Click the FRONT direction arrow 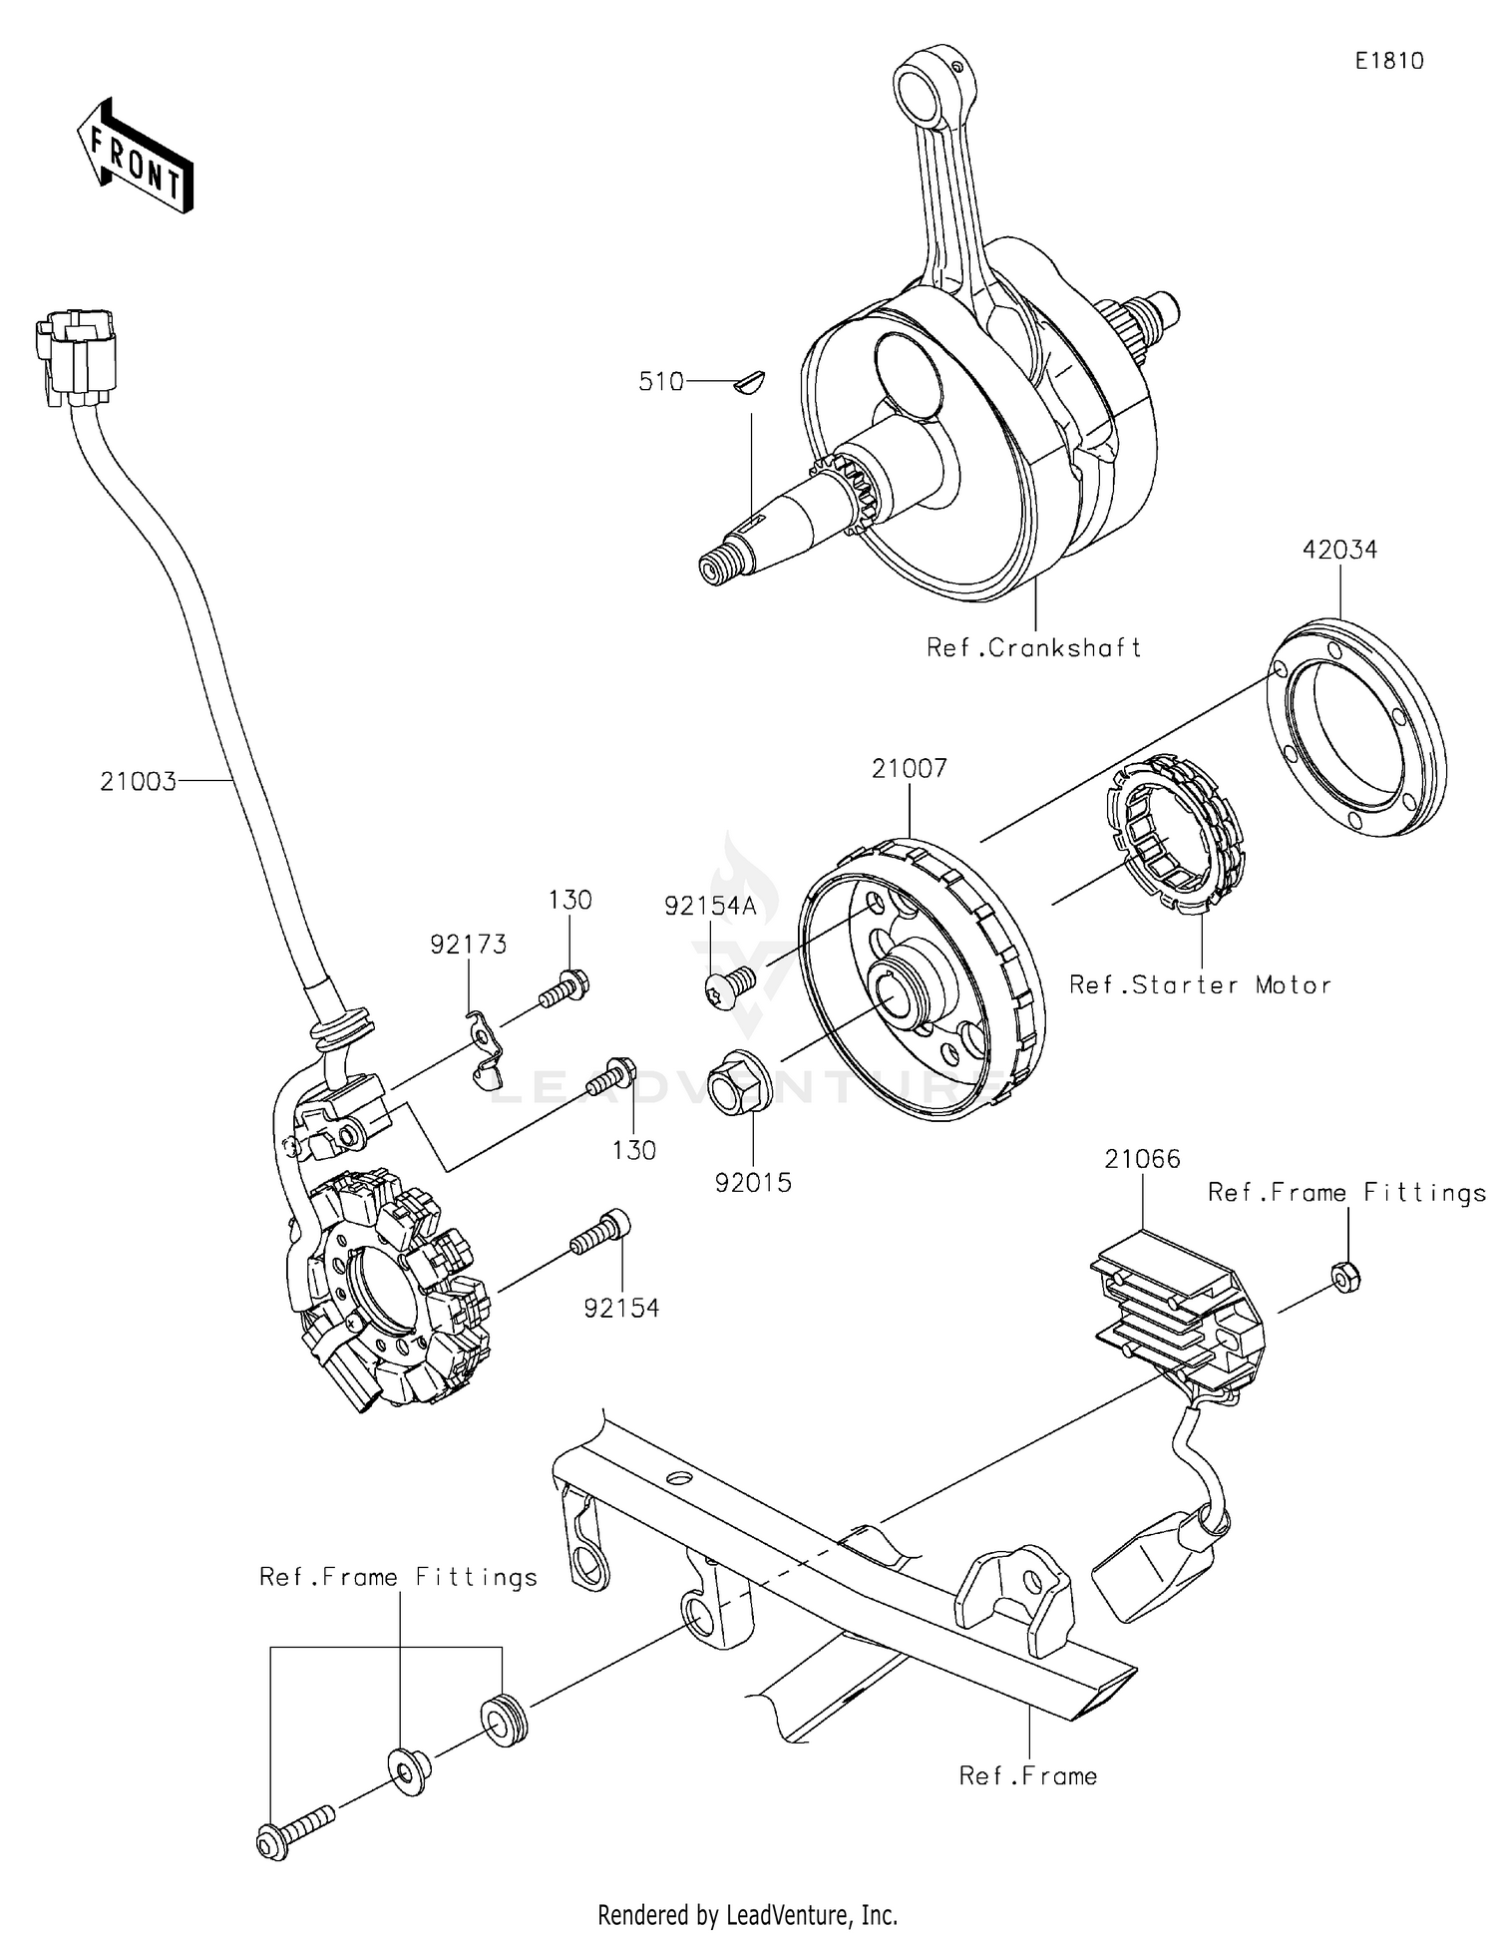click(135, 156)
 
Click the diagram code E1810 click(1388, 61)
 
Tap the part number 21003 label click(138, 781)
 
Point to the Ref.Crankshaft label click(1033, 647)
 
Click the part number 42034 click(1338, 550)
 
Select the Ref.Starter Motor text click(1200, 984)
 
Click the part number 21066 click(1142, 1159)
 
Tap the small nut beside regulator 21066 click(1345, 1277)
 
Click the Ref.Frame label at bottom click(1027, 1775)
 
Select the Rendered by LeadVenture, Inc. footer click(747, 1914)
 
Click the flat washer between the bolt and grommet click(408, 1771)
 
